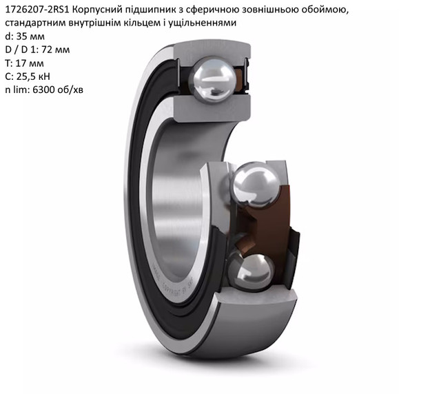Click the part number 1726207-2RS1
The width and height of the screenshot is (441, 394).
tap(37, 10)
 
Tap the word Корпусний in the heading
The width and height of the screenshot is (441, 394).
tap(96, 10)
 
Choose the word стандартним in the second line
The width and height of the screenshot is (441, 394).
tap(35, 23)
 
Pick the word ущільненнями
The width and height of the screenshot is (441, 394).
tap(206, 23)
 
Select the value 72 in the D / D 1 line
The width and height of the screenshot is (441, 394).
tap(47, 50)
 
